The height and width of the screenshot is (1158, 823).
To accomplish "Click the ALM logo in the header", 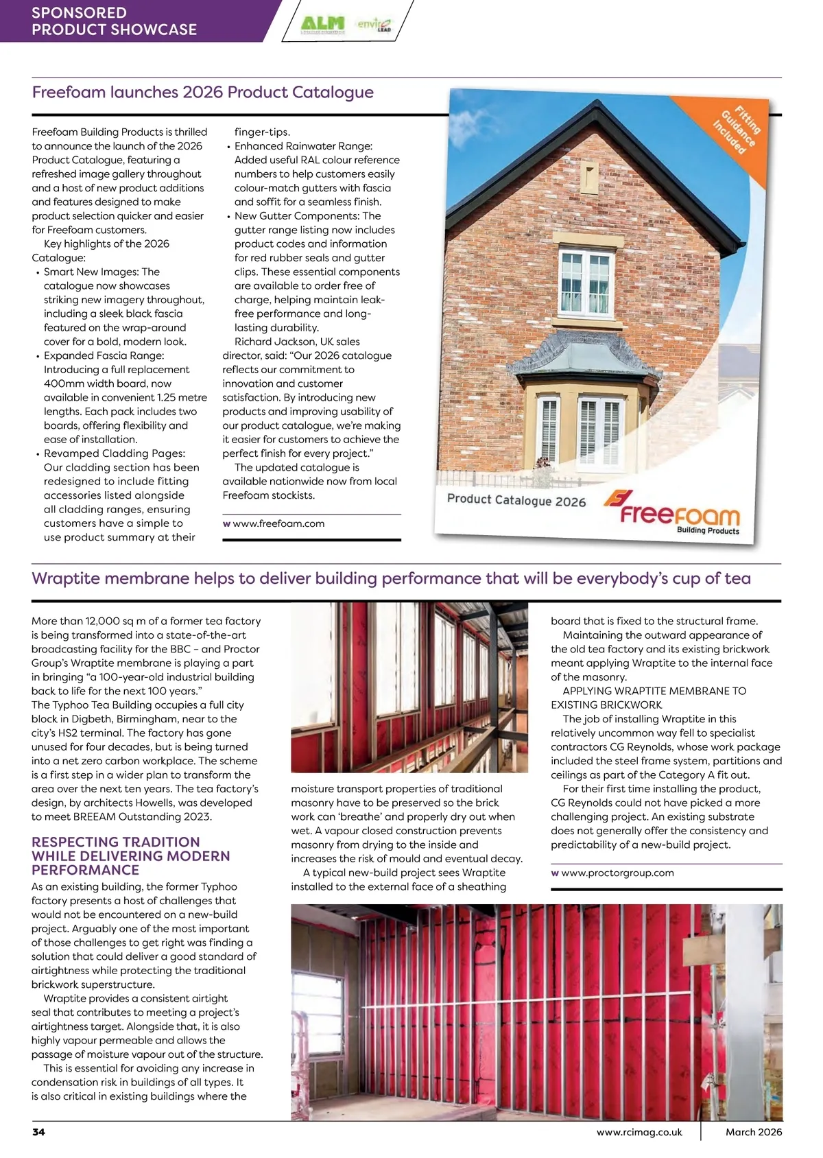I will (323, 23).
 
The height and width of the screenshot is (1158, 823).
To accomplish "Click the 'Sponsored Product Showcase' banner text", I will (114, 21).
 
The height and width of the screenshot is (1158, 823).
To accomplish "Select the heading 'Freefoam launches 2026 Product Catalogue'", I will (203, 93).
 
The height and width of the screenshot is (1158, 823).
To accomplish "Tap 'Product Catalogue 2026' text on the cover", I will (516, 499).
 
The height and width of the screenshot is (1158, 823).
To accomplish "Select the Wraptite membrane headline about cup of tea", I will (391, 578).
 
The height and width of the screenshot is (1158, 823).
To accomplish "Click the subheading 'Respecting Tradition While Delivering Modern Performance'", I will (130, 855).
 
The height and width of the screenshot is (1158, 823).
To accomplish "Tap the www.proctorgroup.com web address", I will (617, 873).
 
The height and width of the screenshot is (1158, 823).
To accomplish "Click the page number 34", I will (38, 1132).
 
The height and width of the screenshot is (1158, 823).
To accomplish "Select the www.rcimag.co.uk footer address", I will (639, 1132).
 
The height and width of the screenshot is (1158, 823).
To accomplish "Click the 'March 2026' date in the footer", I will (754, 1132).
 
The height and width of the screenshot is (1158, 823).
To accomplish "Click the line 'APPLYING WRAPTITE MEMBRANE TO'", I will (654, 691).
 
